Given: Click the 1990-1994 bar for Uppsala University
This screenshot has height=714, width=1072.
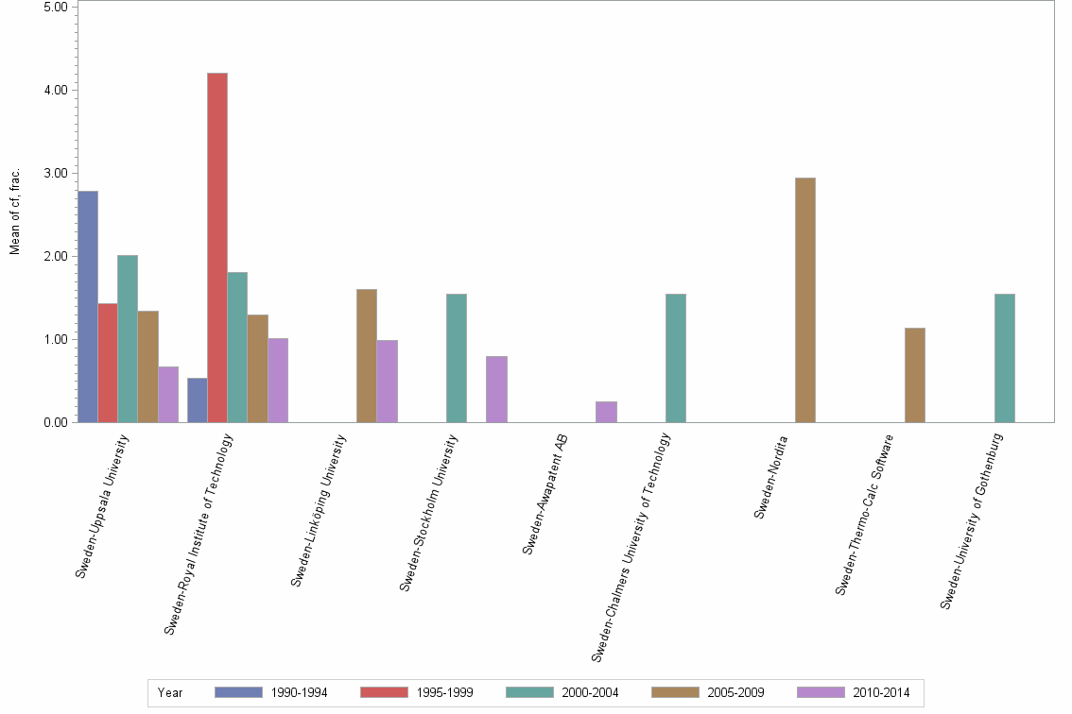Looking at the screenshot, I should point(88,307).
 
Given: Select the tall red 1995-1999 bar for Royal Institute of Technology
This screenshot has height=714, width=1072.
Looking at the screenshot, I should point(217,247).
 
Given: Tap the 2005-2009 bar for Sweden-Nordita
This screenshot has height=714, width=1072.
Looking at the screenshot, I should point(805,300).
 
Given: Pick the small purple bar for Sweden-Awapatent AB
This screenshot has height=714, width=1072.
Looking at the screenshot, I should point(606,412).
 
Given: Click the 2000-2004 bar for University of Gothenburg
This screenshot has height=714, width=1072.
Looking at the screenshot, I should point(1005,358).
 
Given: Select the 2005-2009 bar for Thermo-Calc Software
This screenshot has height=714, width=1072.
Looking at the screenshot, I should point(915,375).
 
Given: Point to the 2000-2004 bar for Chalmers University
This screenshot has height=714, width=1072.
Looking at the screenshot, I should point(676,358).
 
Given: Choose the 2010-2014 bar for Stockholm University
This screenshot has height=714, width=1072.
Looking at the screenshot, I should point(496,389).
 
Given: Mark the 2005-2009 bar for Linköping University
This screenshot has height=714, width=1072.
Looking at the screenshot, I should point(367,356).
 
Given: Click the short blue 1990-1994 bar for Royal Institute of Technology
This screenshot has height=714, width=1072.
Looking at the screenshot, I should point(198,400).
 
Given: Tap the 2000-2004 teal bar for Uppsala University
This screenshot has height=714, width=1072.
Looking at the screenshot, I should point(128,339).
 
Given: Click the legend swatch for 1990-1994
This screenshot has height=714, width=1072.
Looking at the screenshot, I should point(238,692).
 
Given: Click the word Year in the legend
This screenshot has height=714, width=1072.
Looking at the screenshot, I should point(171,693).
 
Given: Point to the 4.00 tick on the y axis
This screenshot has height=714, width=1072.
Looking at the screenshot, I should point(54,90).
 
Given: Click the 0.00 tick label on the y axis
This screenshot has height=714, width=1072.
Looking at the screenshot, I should point(54,422).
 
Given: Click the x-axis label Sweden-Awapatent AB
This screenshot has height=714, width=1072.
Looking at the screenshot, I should point(545,493).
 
